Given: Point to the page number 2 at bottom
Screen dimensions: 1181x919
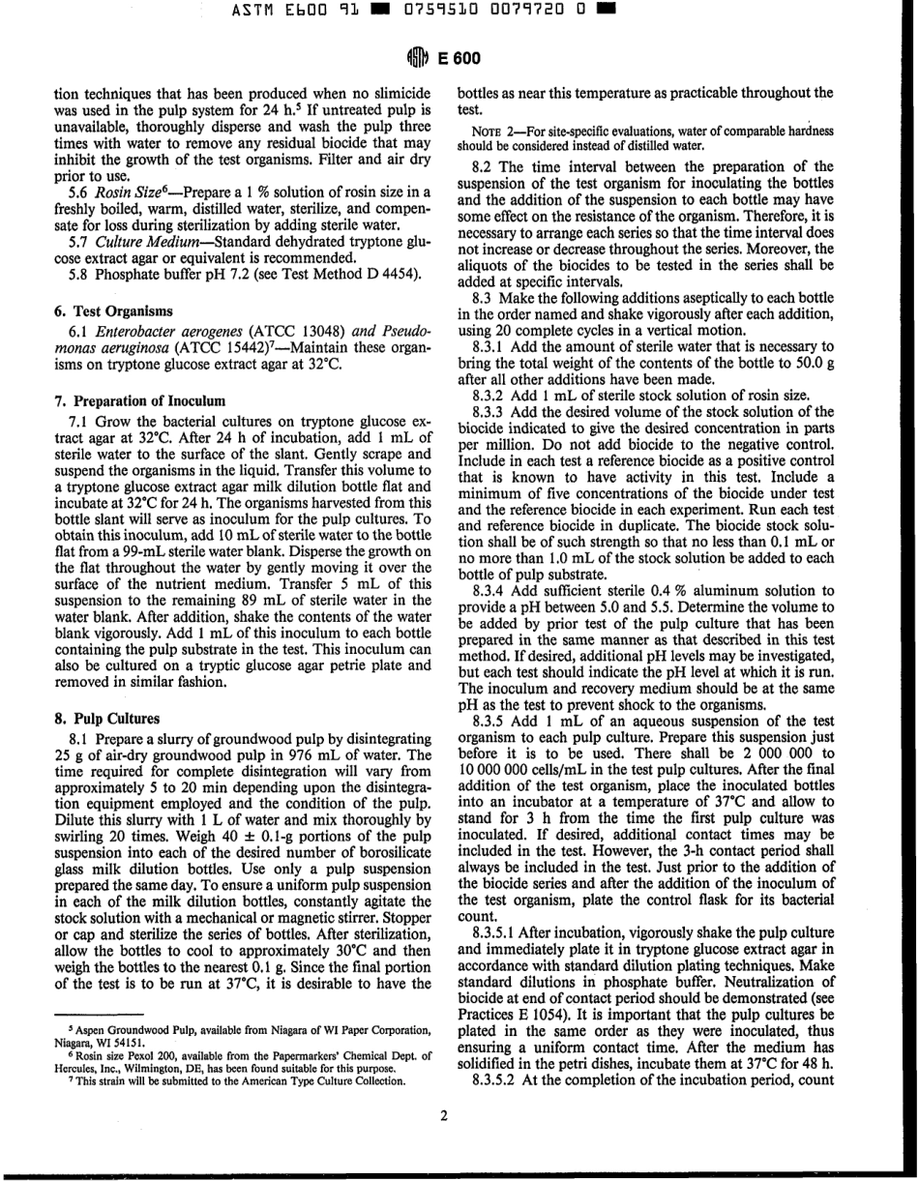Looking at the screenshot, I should coord(444,1116).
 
